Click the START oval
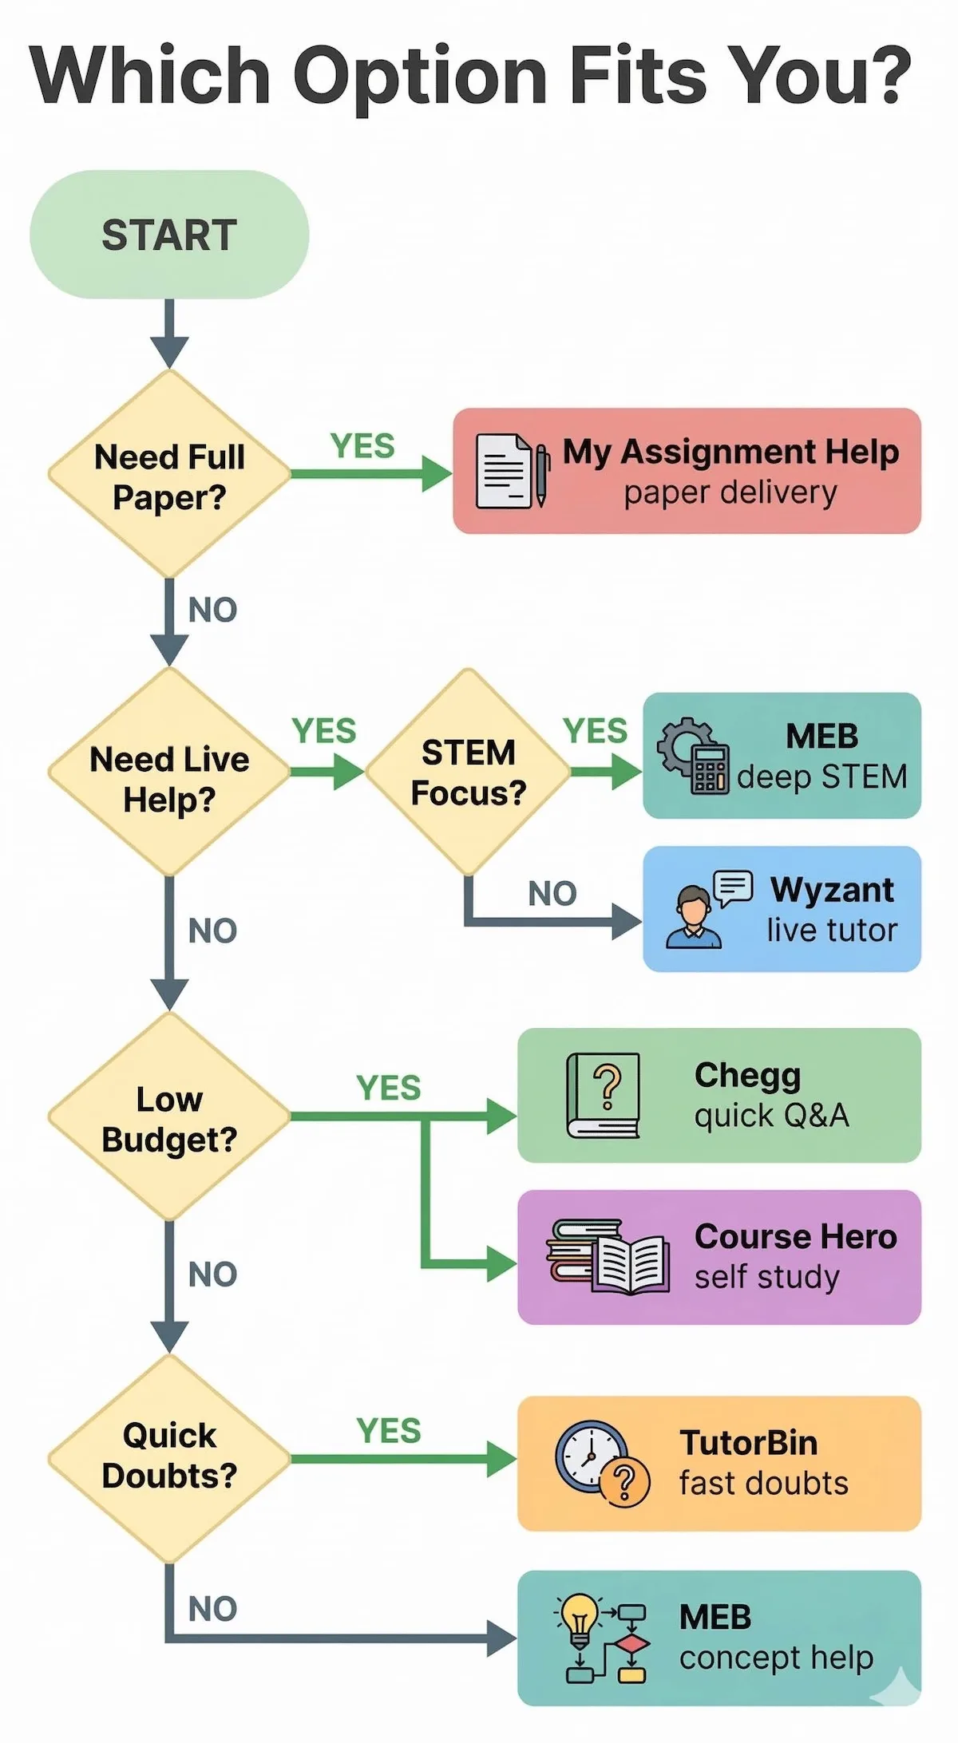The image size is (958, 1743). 169,235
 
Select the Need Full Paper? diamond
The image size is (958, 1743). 169,476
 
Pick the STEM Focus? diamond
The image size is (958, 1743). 468,772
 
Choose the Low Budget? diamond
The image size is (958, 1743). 169,1117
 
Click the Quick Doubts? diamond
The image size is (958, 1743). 169,1457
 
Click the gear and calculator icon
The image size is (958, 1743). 694,755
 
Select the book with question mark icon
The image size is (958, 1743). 604,1095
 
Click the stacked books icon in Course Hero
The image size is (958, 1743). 607,1255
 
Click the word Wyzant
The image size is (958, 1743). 832,889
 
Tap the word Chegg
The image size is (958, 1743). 747,1075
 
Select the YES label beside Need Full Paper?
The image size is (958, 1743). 362,445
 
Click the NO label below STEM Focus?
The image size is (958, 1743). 552,894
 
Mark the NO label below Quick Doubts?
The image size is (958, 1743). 212,1609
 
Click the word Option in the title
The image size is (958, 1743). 420,76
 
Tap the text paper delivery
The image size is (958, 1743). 730,492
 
